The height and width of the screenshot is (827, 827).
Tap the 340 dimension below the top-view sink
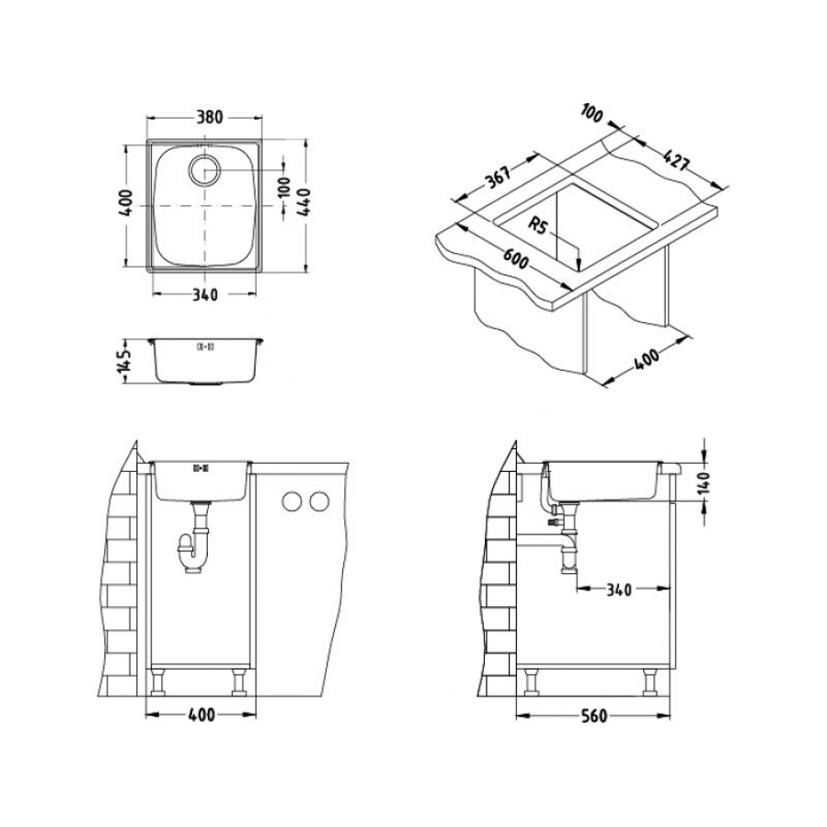click(x=203, y=295)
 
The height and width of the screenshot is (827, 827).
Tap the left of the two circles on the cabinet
click(x=293, y=502)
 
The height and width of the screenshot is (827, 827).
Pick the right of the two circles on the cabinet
click(x=318, y=502)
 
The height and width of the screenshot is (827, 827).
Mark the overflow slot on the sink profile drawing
click(x=204, y=347)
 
